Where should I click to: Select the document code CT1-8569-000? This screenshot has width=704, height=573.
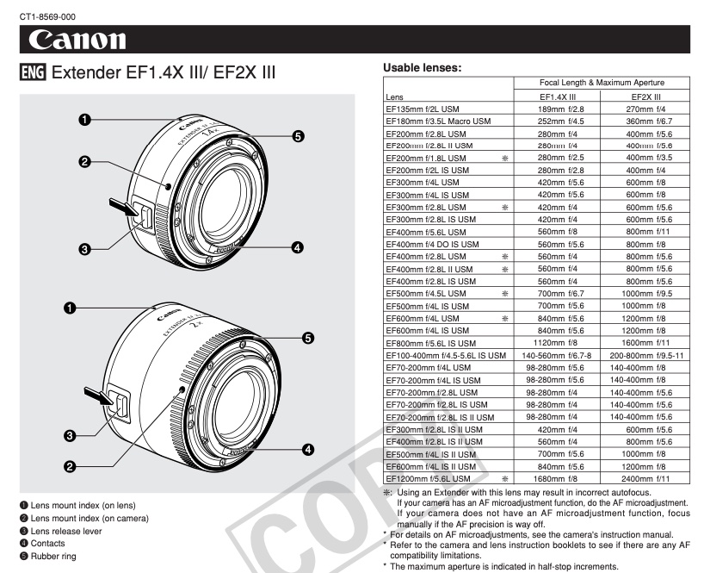click(41, 11)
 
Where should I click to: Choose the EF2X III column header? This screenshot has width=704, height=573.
click(645, 97)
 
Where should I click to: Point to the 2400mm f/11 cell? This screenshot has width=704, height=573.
click(645, 477)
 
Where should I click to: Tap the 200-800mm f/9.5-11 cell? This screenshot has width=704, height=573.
click(645, 355)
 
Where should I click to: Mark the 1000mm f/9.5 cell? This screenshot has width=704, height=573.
click(645, 294)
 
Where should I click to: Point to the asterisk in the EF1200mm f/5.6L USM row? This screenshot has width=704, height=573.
click(505, 477)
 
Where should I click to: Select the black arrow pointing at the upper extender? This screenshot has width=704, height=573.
click(123, 207)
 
